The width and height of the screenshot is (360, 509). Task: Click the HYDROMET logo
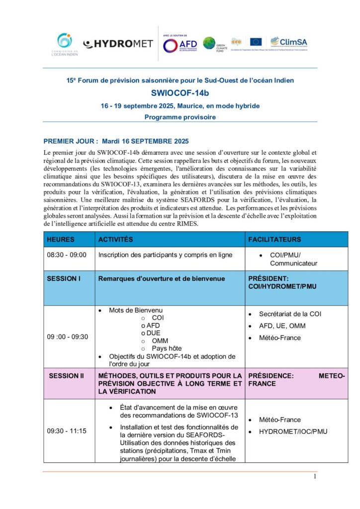tap(118, 44)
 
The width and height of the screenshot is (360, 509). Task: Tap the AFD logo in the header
tap(180, 45)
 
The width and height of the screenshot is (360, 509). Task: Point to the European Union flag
tap(256, 42)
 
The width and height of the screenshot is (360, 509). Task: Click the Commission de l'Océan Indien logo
tap(65, 44)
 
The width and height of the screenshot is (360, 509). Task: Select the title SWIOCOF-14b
tap(180, 93)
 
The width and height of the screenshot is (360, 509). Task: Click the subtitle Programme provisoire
tap(180, 117)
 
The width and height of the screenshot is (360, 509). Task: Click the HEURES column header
tap(61, 239)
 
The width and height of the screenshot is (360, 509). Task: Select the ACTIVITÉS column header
tap(116, 239)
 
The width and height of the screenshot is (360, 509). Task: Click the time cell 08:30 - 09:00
tap(67, 255)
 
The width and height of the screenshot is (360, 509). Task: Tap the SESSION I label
tap(64, 278)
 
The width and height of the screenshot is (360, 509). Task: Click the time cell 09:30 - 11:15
tap(67, 431)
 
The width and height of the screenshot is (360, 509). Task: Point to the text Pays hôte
tap(167, 348)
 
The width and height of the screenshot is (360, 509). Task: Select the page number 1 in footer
tap(315, 477)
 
